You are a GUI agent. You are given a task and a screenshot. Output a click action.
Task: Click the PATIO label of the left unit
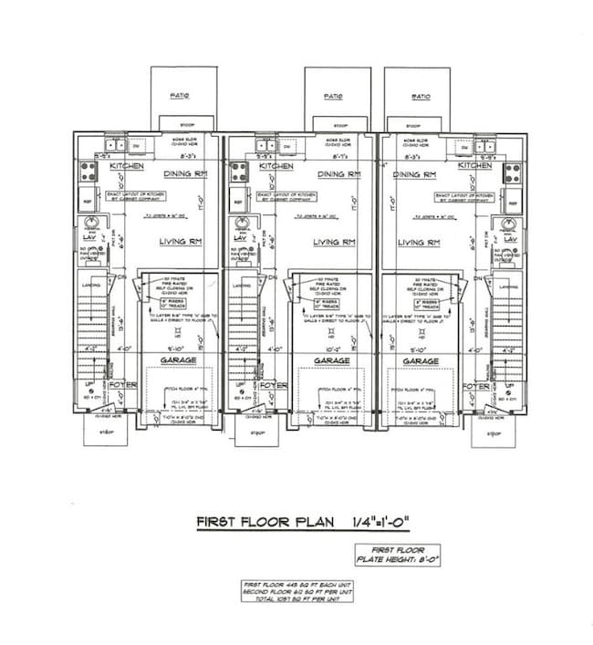coord(180,95)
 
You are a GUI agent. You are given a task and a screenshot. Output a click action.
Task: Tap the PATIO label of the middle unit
coord(334,96)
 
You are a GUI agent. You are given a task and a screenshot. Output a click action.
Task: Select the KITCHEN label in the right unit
coord(475,166)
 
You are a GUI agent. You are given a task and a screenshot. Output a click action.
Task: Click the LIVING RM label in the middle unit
coord(334,242)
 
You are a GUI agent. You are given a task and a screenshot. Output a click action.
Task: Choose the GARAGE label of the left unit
coord(179,360)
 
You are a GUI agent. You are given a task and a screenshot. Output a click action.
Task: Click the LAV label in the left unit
coord(88,238)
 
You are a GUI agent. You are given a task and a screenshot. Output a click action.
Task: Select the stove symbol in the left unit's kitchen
coord(89,172)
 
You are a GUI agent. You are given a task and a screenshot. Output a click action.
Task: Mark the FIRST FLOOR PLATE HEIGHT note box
coord(397,555)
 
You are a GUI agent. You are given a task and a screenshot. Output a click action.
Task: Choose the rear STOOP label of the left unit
coord(186,124)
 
